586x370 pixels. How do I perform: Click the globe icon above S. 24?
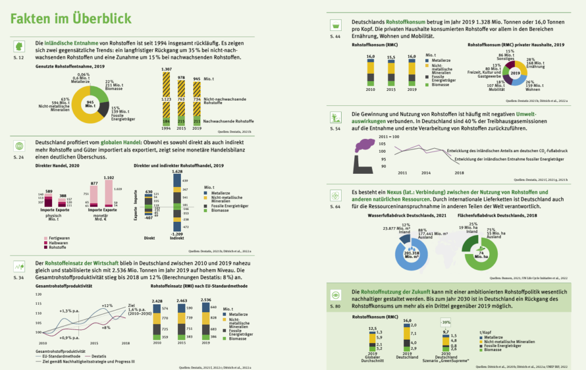click(x=19, y=145)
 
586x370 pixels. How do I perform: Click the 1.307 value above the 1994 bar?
click(x=167, y=69)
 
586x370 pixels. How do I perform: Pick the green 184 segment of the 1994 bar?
click(x=167, y=121)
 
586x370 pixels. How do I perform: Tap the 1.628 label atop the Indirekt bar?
click(x=177, y=171)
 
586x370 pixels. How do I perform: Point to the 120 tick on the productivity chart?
click(x=39, y=295)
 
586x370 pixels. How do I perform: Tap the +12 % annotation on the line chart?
click(x=108, y=306)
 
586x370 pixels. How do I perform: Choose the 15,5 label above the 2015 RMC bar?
click(x=391, y=57)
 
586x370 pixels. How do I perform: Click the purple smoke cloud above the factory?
click(x=365, y=145)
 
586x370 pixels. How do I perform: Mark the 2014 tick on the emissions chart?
click(x=425, y=172)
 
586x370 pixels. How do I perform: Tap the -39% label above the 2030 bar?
click(x=445, y=322)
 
